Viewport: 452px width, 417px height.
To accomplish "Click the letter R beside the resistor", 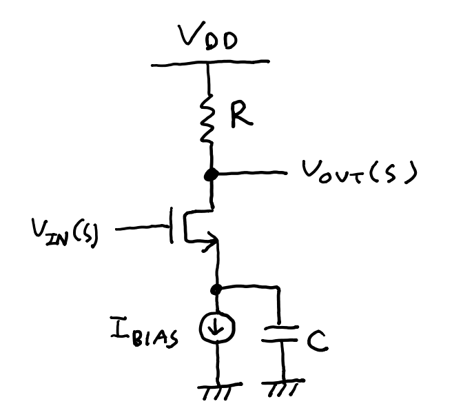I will (241, 118).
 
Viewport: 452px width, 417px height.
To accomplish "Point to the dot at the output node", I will (212, 174).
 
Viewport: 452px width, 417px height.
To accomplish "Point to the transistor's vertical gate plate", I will (169, 228).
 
